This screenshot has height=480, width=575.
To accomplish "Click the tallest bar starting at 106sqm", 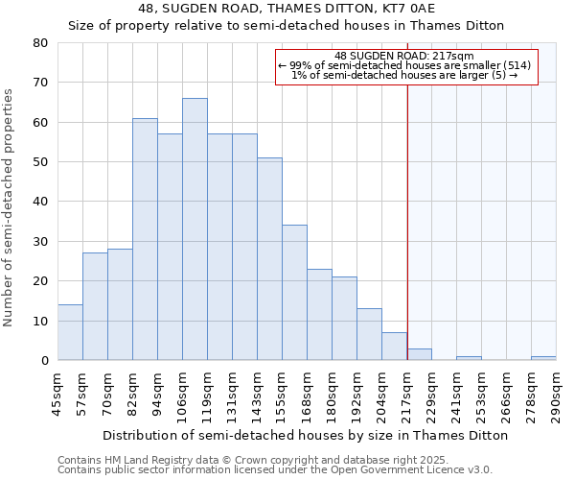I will tap(195, 229).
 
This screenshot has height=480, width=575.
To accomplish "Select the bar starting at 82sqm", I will tap(145, 239).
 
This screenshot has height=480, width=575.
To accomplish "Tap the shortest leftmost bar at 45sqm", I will tap(70, 332).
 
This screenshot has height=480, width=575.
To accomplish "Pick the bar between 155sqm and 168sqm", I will tap(294, 293).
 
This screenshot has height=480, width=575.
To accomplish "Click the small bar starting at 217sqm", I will tap(419, 354).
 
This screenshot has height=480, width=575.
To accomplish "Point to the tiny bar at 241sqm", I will tap(469, 358).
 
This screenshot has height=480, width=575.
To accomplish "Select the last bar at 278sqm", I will tap(543, 358).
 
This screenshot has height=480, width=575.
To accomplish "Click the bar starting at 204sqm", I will tap(394, 347).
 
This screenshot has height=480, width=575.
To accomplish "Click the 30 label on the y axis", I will tap(40, 241).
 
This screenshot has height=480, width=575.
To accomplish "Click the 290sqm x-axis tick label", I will tap(556, 394).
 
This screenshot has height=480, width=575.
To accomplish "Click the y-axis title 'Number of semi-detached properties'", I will tap(10, 206).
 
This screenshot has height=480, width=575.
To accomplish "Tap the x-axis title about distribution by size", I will tap(305, 435).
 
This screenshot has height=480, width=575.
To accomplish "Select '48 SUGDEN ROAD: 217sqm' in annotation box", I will tap(404, 56).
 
